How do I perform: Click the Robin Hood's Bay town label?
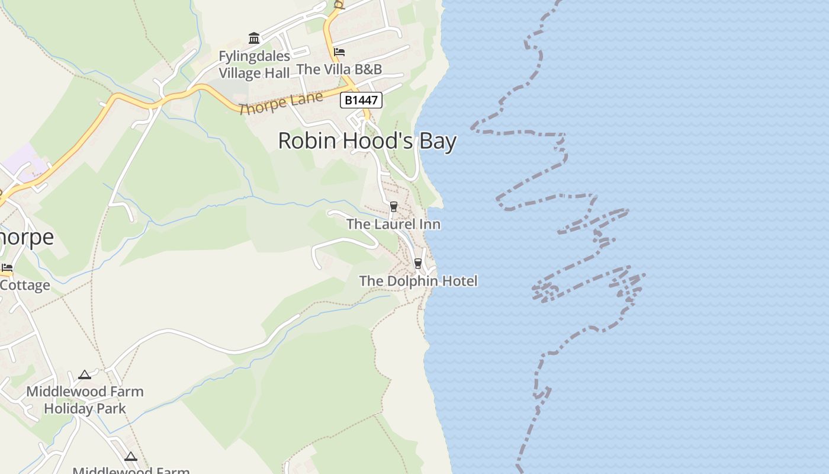(367, 142)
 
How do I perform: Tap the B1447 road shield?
(361, 100)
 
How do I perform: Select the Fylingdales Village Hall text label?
(255, 65)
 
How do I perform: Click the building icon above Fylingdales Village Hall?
(254, 39)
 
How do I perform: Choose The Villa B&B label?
(339, 69)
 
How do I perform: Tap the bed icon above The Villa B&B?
(339, 52)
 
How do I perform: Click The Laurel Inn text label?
(393, 225)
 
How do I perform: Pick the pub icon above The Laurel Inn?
(393, 206)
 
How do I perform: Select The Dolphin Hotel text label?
(418, 281)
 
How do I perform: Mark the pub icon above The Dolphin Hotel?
(417, 263)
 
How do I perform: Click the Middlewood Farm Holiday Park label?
(85, 400)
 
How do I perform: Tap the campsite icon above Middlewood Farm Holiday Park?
(85, 374)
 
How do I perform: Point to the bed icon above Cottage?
(7, 268)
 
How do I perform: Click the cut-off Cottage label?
(25, 286)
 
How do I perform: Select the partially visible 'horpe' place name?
(27, 237)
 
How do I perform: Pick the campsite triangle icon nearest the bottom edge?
(131, 456)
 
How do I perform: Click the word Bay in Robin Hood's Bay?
(438, 142)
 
